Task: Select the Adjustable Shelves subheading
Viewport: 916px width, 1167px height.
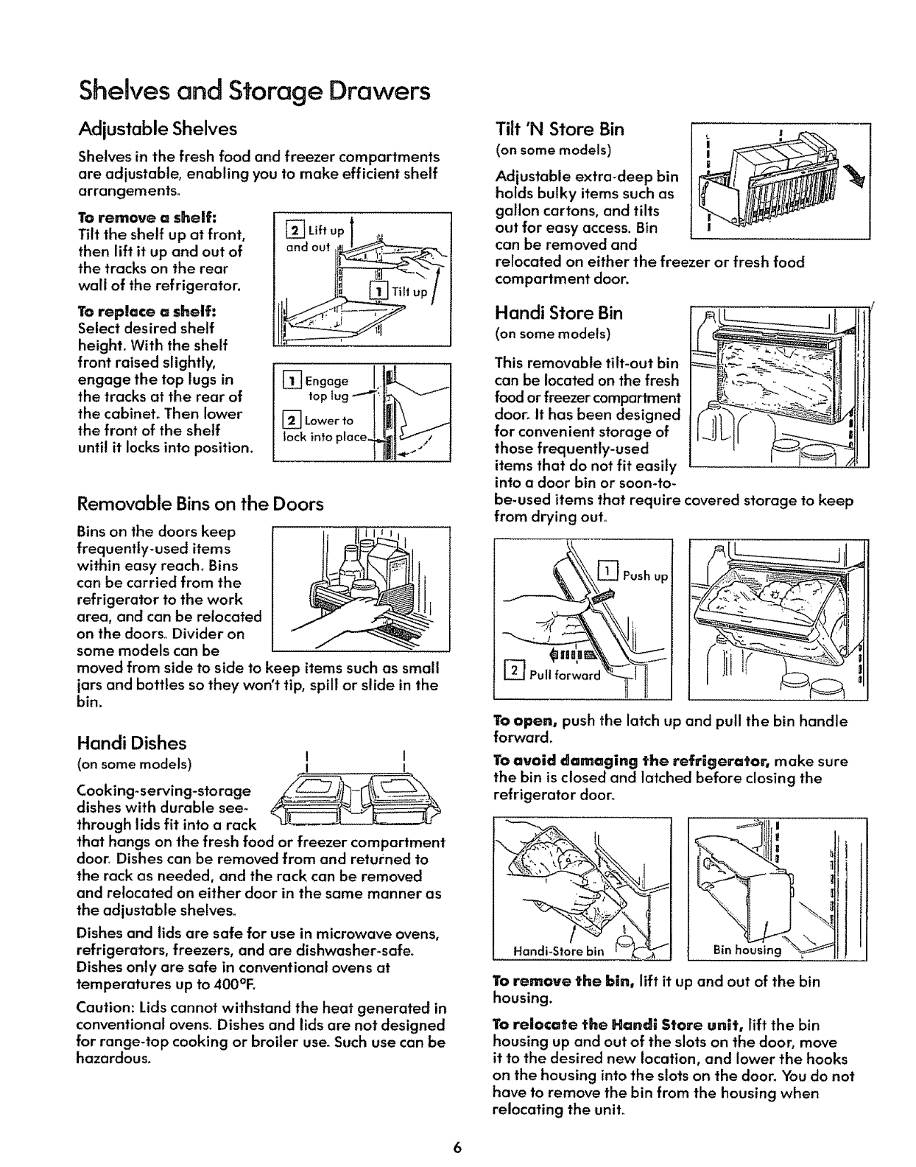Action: pos(158,129)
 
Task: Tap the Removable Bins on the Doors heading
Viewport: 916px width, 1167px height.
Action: pos(200,505)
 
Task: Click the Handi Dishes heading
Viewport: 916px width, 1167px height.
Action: pos(132,743)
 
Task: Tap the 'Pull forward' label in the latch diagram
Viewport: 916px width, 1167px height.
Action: pos(559,674)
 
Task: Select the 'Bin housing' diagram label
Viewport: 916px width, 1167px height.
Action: pos(746,950)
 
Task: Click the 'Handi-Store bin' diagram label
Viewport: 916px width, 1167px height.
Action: pos(557,950)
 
